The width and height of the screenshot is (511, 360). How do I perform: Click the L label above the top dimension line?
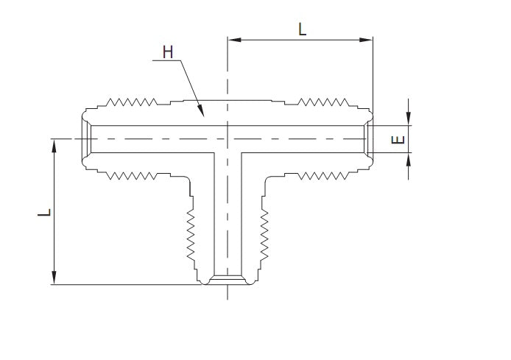302,29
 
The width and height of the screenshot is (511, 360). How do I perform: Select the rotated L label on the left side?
46,212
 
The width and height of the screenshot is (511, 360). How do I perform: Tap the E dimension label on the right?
399,139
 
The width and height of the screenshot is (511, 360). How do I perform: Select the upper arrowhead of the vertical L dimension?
54,144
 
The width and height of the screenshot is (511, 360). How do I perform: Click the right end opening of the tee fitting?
367,139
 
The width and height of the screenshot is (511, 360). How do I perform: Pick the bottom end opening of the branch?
228,280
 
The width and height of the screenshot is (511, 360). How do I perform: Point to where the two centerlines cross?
228,139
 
